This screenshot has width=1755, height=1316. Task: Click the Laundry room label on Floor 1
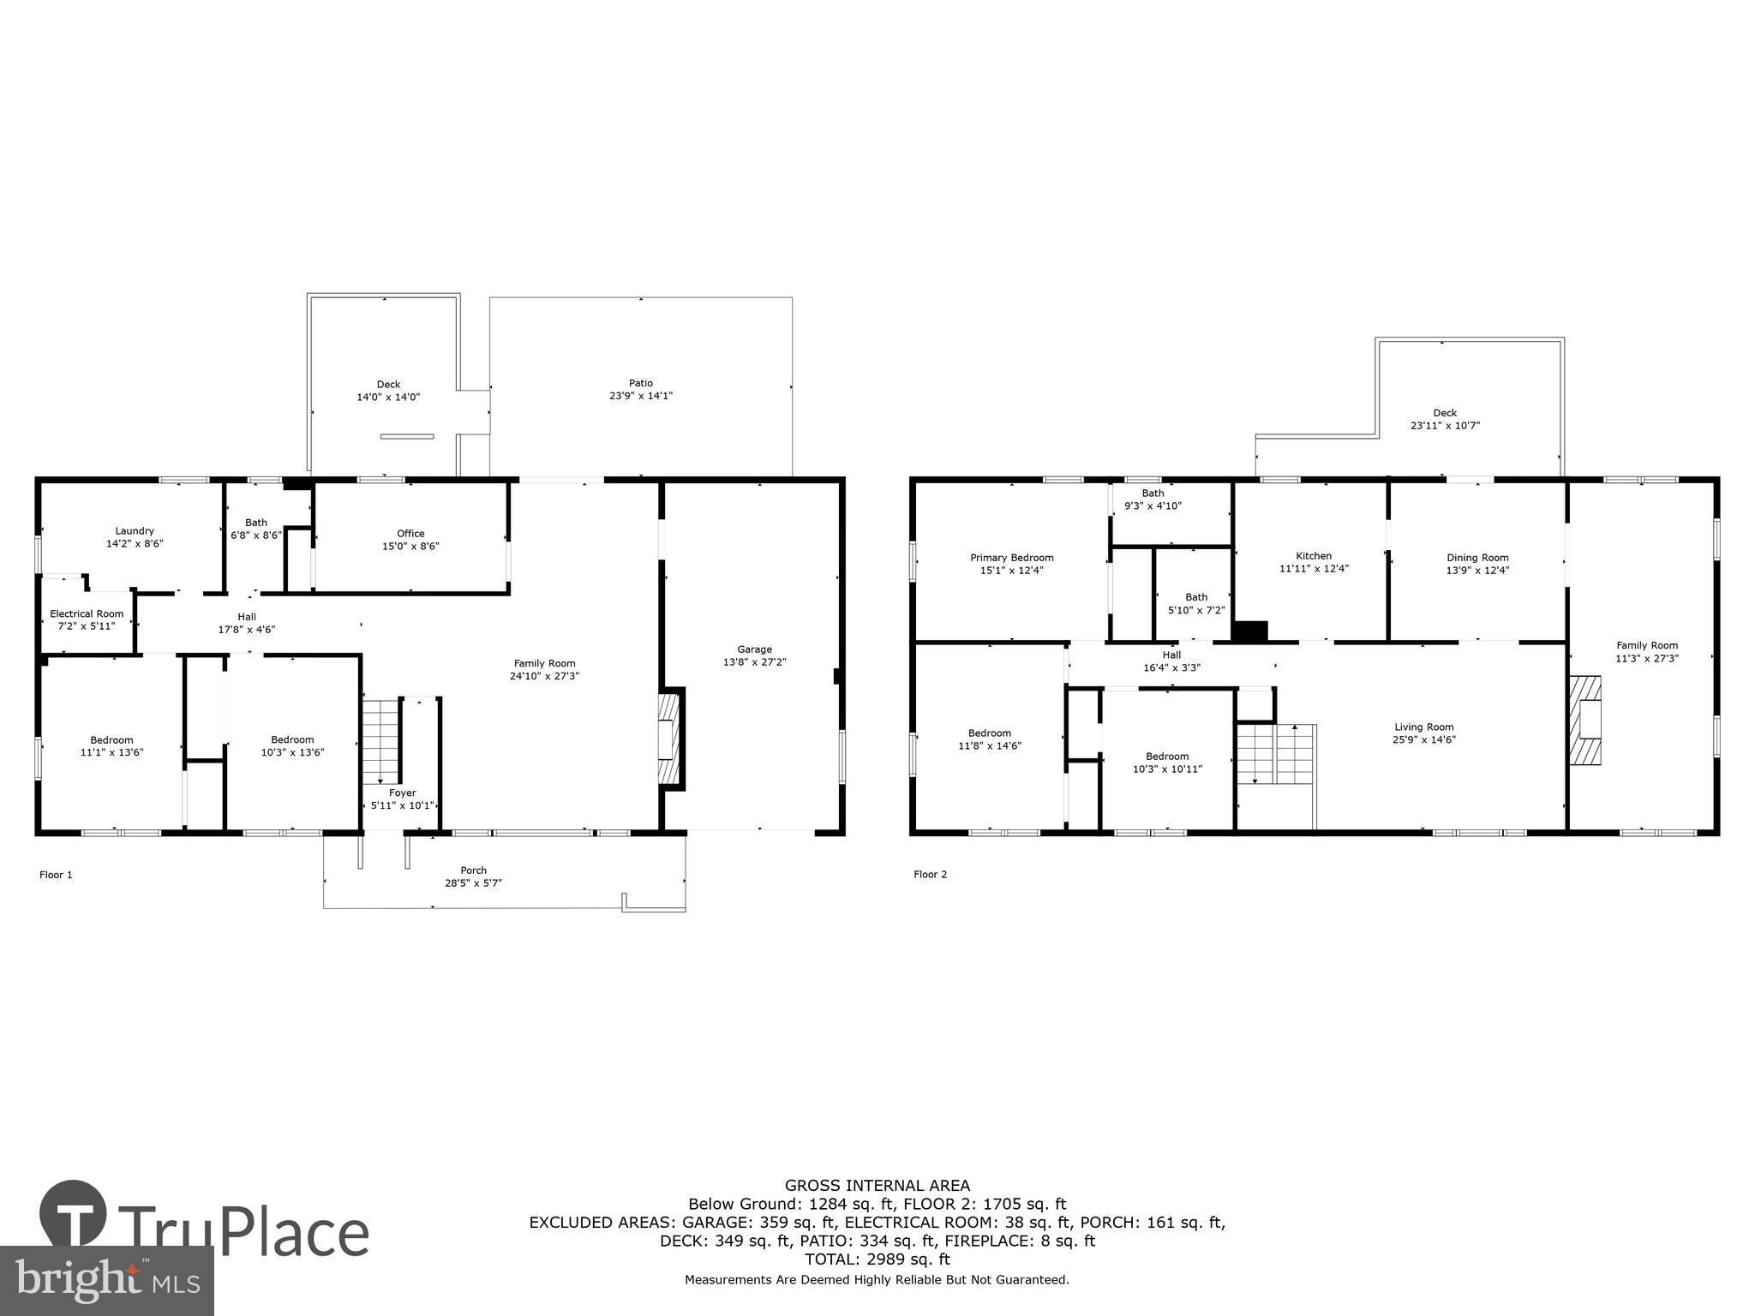click(x=135, y=530)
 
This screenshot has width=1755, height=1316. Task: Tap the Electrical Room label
click(x=87, y=613)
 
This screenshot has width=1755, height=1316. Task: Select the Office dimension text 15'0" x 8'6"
click(x=410, y=546)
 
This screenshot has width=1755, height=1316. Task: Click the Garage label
click(x=754, y=649)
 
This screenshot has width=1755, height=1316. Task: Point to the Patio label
click(x=640, y=383)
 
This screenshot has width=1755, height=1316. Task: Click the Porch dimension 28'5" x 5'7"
click(x=473, y=882)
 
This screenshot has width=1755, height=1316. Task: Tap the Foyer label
click(x=402, y=793)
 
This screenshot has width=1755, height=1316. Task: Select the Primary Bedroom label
click(x=1011, y=558)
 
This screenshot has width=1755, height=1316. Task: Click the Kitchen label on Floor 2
click(x=1313, y=556)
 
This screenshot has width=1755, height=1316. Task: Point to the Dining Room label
click(x=1477, y=558)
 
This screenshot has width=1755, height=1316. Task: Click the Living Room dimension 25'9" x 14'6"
click(x=1423, y=739)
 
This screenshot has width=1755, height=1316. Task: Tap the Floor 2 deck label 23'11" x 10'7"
click(x=1445, y=425)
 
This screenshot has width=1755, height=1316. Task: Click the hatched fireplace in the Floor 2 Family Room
click(x=1585, y=721)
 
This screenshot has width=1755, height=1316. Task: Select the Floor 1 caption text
click(x=56, y=875)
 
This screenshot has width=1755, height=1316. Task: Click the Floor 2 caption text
click(x=930, y=875)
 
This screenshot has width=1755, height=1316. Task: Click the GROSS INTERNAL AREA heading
click(x=877, y=1186)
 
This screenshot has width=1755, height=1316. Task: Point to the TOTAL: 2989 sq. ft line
click(x=877, y=1259)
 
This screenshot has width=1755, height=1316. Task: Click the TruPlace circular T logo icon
click(x=73, y=1215)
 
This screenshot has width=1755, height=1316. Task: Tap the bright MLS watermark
click(x=107, y=1280)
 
